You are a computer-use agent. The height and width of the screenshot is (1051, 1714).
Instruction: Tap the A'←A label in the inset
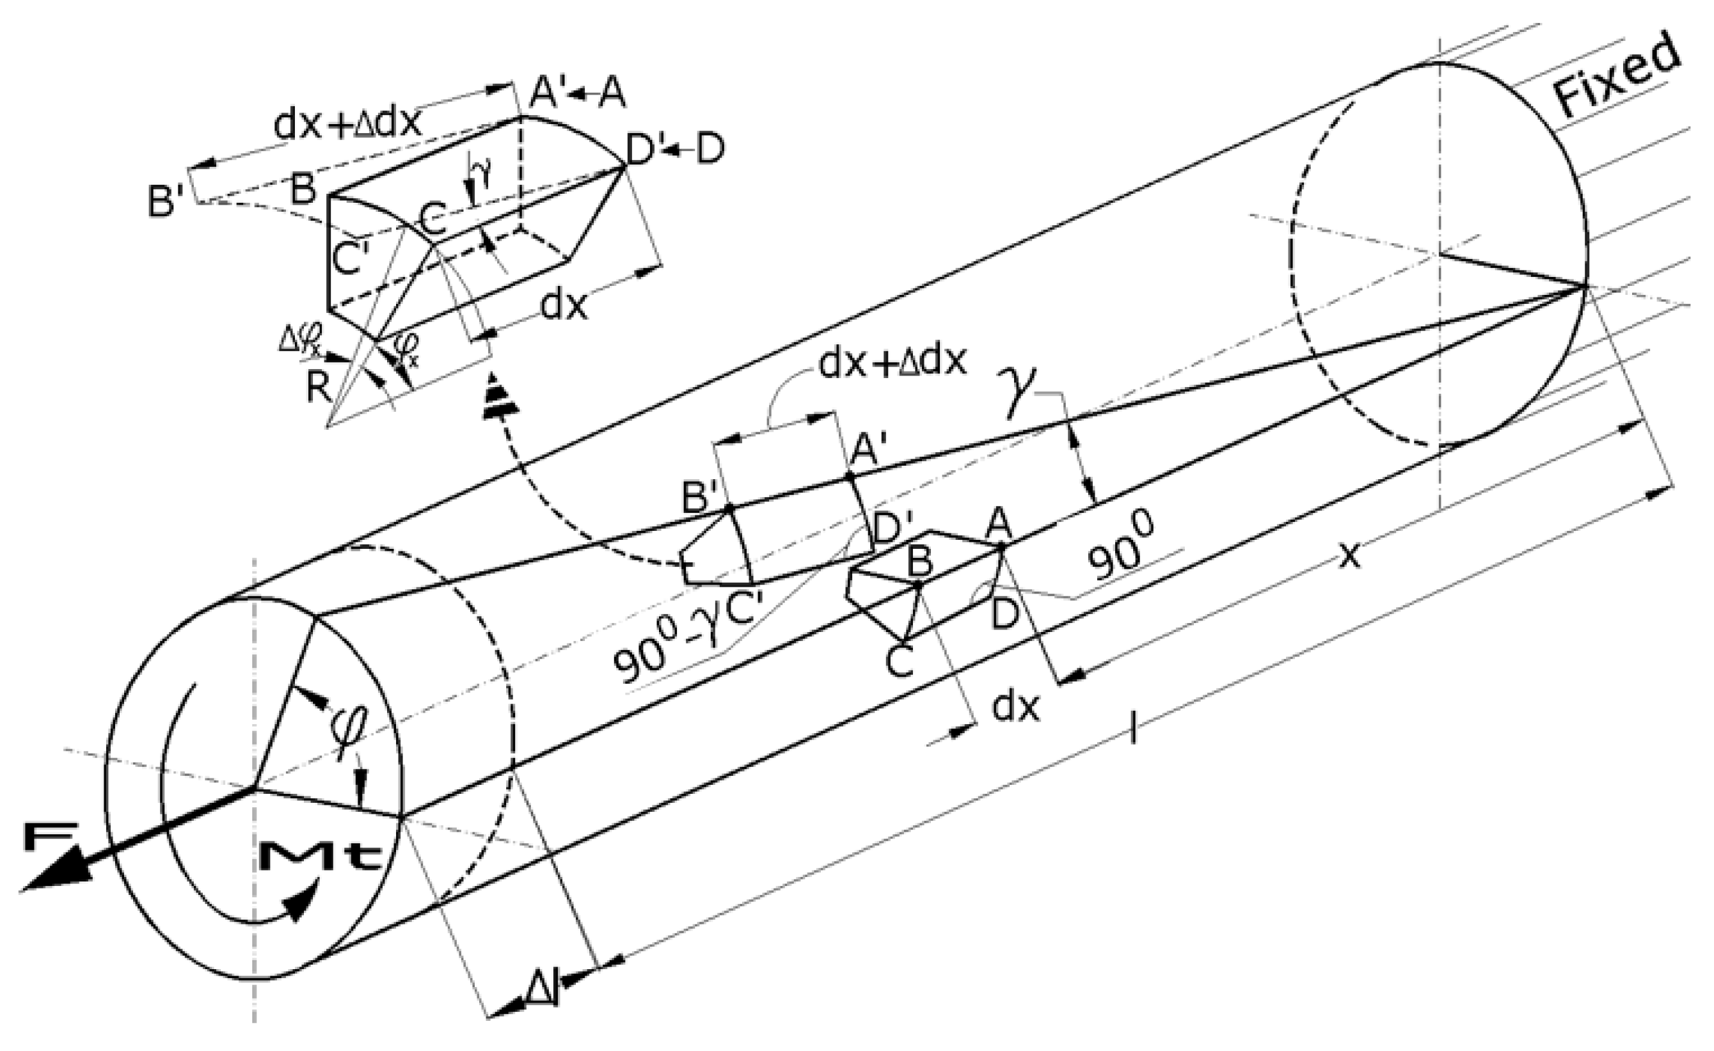[577, 93]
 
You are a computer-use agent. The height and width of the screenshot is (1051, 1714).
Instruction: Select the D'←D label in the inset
[675, 149]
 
